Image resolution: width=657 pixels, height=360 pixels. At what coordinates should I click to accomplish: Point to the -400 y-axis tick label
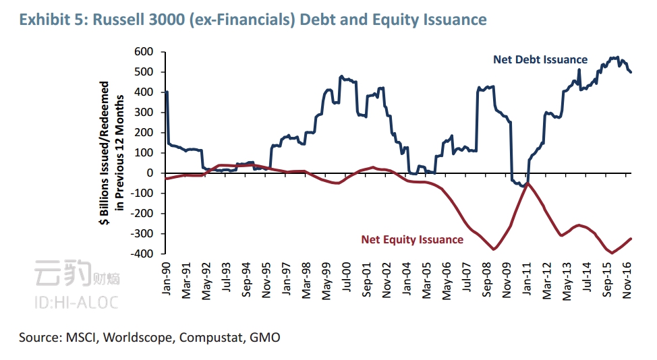coord(142,254)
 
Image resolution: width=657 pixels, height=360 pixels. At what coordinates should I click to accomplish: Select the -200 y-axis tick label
coord(142,214)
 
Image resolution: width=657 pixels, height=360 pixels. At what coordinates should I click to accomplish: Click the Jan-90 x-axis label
coord(167,276)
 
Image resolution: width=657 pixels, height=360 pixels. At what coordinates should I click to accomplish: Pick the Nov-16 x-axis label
coord(626,276)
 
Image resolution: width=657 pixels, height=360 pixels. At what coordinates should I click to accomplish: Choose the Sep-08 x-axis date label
coord(486,276)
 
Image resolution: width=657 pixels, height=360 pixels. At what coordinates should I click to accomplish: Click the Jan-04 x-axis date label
coord(406,276)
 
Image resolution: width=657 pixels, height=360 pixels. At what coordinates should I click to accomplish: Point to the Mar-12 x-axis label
coord(545,276)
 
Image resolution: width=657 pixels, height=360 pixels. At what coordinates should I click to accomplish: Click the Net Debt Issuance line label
coord(540,59)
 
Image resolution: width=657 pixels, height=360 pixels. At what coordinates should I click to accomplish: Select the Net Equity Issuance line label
coord(412,239)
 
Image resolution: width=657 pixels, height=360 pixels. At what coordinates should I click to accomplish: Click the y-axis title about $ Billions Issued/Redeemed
coord(111,153)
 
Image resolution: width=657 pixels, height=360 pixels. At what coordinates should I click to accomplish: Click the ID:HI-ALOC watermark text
coord(75,302)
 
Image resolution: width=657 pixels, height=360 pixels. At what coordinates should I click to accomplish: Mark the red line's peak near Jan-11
coord(527,183)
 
